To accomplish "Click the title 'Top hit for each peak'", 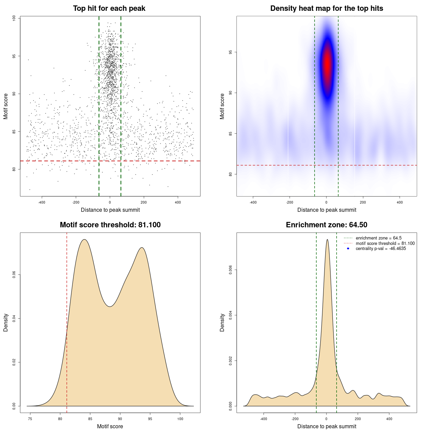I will [109, 8].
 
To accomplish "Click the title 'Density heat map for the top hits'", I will [326, 8].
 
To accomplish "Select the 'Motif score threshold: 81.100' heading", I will [110, 225].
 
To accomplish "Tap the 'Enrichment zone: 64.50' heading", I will [326, 225].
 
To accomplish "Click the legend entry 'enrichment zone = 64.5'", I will [378, 238].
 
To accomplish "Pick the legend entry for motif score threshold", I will [385, 243].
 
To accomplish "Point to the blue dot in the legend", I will [348, 249].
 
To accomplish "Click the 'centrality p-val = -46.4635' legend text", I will [381, 249].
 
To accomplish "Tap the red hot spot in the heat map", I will [327, 64].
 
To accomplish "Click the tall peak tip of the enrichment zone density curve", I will [327, 240].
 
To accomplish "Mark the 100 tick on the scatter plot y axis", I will [14, 18].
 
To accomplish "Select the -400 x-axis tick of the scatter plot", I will [42, 202].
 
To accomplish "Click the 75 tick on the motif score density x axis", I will [30, 419].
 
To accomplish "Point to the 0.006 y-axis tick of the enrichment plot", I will [231, 270].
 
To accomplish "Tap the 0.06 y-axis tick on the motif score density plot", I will [14, 275].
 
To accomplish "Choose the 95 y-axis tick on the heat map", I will [231, 52].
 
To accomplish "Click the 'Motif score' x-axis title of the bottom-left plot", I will [110, 426].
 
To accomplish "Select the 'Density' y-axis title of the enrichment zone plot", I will [222, 322].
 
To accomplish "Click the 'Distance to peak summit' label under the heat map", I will [326, 210].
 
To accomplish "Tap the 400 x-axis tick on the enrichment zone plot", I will [389, 419].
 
